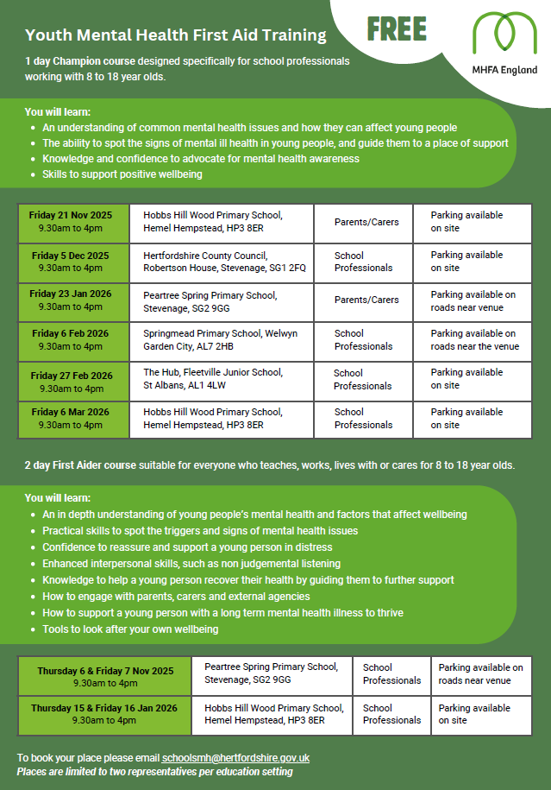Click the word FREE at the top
click(397, 29)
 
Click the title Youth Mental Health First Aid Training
click(176, 35)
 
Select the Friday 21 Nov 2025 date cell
click(73, 222)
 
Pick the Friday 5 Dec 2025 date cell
click(73, 262)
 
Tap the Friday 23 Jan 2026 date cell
click(73, 300)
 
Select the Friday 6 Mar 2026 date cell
click(73, 419)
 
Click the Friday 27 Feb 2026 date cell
click(73, 380)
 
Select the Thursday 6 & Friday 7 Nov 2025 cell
click(105, 677)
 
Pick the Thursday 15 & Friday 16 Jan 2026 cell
click(104, 714)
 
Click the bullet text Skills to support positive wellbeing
click(122, 174)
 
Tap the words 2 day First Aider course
click(80, 465)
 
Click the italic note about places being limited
click(154, 771)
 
